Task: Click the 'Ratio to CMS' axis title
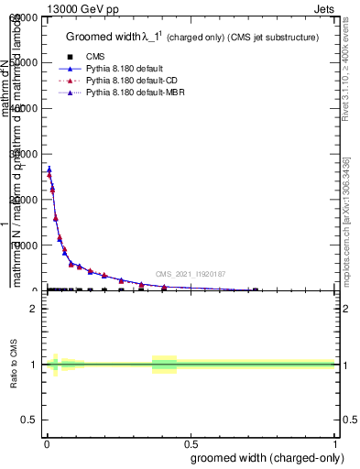[15, 365]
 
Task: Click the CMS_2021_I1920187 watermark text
[190, 274]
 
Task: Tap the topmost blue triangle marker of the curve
[49, 169]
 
